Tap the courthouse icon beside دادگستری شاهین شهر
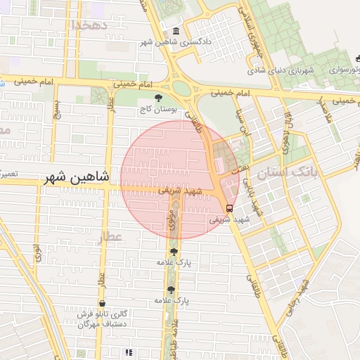pos(175,32)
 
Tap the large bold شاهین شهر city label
pos(77,178)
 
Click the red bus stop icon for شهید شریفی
pos(229,207)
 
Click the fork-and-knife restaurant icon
pos(128,352)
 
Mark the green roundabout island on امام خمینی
pos(181,89)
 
